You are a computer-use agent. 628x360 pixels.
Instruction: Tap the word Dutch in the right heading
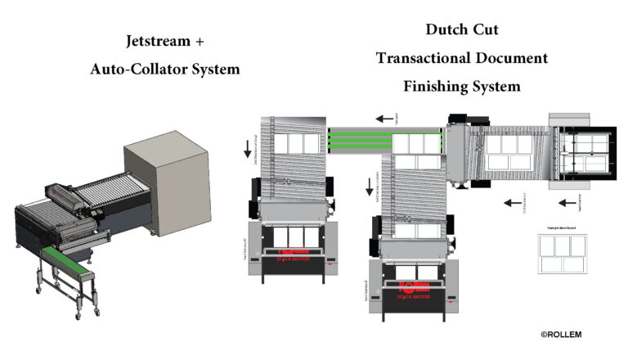[x=443, y=30]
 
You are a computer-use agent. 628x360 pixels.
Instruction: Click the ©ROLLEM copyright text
[x=561, y=335]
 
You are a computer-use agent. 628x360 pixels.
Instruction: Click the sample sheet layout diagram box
[x=563, y=253]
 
